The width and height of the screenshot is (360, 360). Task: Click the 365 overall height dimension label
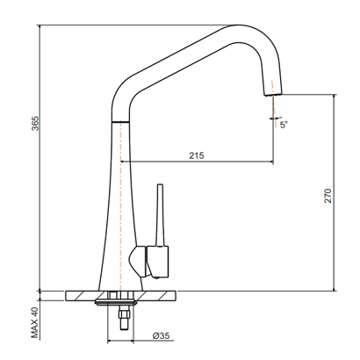[35, 123]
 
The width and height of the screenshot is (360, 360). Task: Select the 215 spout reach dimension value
[196, 155]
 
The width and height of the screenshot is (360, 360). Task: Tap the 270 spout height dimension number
[328, 196]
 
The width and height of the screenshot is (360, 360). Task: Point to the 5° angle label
[284, 125]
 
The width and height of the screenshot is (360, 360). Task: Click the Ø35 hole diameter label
[161, 335]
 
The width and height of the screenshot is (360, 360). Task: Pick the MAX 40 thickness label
[35, 322]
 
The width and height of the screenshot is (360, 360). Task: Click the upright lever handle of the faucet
[160, 215]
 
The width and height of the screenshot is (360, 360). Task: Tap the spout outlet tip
[273, 94]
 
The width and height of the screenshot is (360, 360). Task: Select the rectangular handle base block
[157, 262]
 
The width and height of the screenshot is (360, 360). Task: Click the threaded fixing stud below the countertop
[123, 317]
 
